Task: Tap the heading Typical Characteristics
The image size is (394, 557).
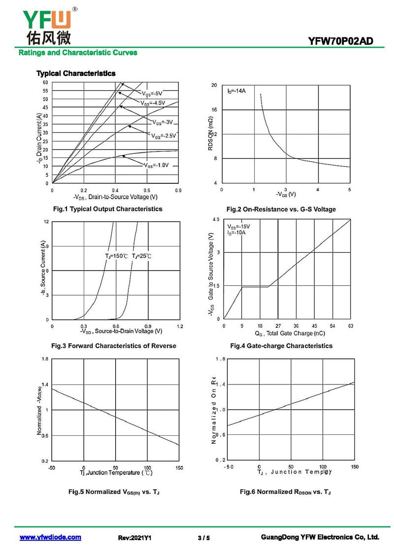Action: point(76,73)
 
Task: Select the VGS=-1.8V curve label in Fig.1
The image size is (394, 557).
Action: point(157,165)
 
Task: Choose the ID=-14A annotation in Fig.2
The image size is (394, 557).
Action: point(236,91)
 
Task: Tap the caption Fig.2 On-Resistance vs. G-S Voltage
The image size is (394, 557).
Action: point(281,209)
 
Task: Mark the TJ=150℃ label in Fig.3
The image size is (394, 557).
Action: point(116,256)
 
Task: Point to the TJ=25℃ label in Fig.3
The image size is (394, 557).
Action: point(142,256)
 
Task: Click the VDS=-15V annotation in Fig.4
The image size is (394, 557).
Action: point(238,226)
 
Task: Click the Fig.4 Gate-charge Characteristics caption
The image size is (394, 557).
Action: point(281,346)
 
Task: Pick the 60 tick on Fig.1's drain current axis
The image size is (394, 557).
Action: point(45,83)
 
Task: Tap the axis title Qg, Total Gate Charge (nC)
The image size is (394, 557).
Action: point(287,334)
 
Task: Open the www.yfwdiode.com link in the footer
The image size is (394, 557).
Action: point(50,537)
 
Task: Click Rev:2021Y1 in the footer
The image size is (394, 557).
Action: point(135,538)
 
